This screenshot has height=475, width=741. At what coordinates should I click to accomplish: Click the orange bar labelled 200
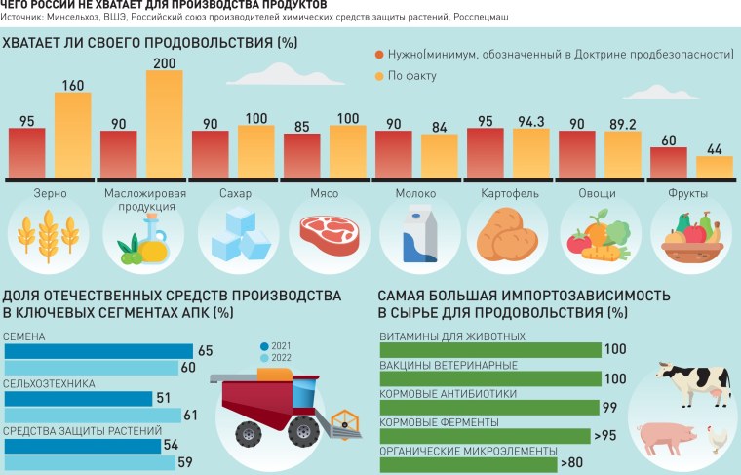(x=165, y=124)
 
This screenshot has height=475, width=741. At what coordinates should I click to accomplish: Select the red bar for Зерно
(x=27, y=152)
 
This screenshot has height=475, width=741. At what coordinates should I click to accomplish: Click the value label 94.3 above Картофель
(x=531, y=121)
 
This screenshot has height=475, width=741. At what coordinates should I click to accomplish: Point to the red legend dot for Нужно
(x=379, y=57)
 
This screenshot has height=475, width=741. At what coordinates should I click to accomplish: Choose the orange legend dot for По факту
(x=379, y=75)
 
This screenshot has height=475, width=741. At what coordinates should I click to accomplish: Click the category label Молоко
(x=415, y=193)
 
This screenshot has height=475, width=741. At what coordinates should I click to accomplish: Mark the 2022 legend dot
(x=263, y=358)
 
